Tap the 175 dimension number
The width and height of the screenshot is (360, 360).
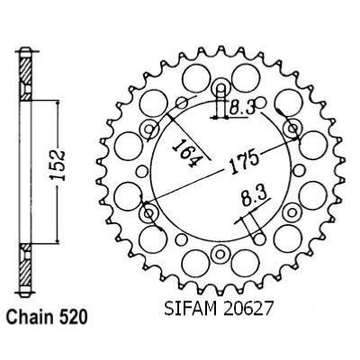click(244, 164)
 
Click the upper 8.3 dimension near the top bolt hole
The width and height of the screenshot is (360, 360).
click(242, 107)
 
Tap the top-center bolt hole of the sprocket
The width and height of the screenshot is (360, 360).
click(220, 88)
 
